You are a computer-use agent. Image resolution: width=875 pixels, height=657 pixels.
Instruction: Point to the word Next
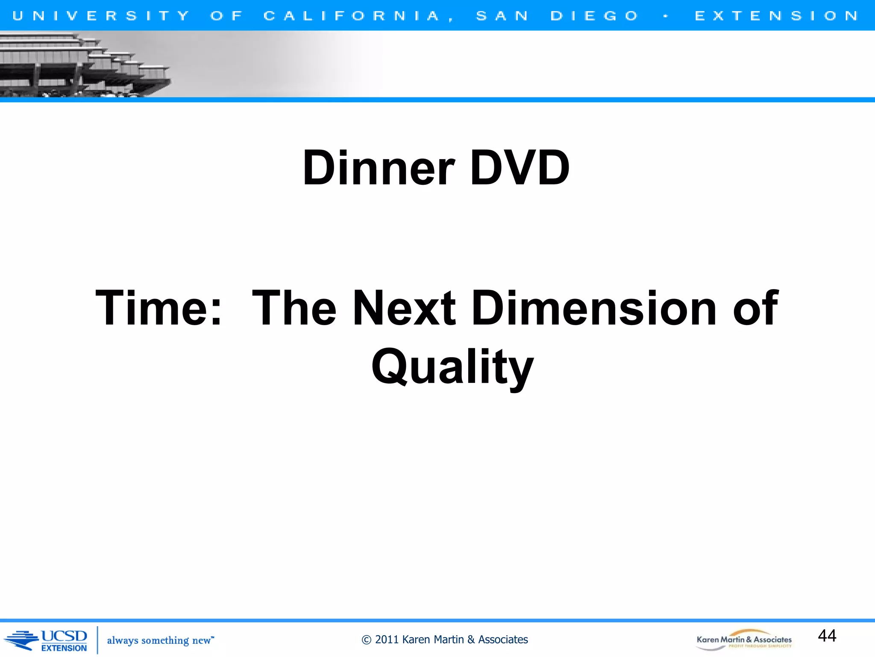[404, 308]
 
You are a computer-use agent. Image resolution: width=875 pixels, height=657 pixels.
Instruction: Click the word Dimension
[594, 308]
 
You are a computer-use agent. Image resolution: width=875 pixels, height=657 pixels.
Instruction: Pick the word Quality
[452, 367]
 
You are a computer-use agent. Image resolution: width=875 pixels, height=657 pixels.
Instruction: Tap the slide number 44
[827, 636]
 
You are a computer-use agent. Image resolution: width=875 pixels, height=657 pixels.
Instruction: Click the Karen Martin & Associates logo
[744, 640]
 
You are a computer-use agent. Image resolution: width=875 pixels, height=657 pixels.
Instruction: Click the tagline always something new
[160, 640]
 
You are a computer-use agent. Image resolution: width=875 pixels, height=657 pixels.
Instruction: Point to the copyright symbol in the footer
[366, 640]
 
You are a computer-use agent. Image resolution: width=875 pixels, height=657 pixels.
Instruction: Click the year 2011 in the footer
[387, 639]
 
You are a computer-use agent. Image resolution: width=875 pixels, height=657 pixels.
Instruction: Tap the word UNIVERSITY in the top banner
[100, 16]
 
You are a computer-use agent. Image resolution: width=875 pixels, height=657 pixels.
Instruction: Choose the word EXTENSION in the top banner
[776, 16]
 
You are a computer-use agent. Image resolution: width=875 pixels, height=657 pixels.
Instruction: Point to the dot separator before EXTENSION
[666, 16]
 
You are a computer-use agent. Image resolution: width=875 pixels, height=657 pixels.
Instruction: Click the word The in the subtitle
[294, 308]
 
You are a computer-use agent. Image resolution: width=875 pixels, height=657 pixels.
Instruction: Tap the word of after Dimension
[755, 308]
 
